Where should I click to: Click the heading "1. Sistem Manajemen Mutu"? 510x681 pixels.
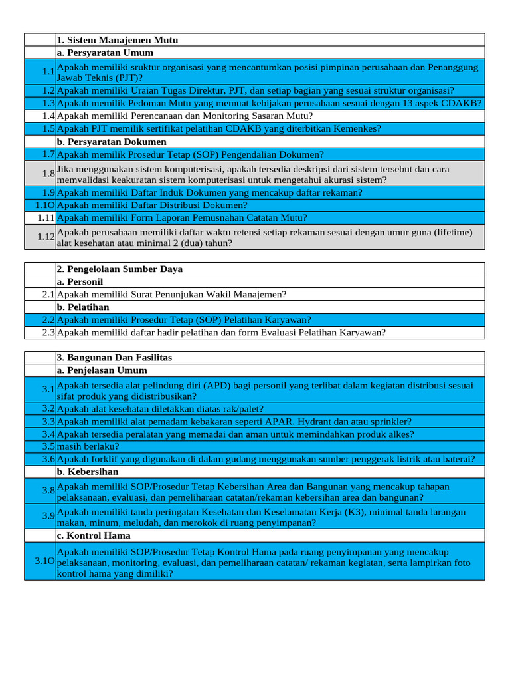click(x=118, y=40)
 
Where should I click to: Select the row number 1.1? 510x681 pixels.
click(x=47, y=72)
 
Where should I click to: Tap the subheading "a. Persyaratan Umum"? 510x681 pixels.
click(x=105, y=53)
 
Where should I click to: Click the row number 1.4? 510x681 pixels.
click(x=47, y=116)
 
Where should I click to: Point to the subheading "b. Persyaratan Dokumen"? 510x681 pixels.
click(x=112, y=142)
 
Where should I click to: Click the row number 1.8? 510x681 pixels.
click(x=47, y=174)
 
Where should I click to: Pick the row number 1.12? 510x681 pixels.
click(x=45, y=237)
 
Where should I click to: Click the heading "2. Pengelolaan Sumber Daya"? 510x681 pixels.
click(x=120, y=269)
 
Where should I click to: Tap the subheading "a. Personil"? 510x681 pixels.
click(x=80, y=281)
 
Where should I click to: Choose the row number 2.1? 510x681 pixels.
click(x=47, y=294)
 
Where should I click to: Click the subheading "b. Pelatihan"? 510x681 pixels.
click(x=83, y=307)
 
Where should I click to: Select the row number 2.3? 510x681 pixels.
click(x=47, y=333)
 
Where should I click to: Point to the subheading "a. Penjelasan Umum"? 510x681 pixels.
click(x=102, y=370)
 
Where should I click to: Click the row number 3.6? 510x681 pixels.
click(x=47, y=459)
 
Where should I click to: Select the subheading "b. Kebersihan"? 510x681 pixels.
click(x=88, y=472)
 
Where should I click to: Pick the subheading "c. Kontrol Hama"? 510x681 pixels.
click(x=94, y=535)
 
